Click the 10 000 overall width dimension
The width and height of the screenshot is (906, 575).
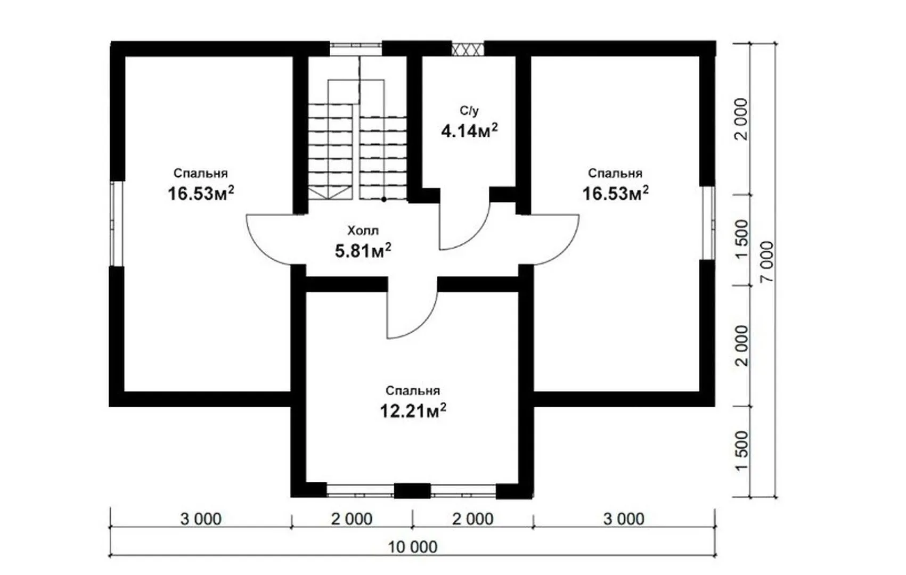pos(413,547)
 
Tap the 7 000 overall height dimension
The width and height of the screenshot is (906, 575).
pos(766,261)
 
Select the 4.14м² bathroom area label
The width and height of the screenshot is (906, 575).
pos(469,130)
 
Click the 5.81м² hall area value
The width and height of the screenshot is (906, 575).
pos(363,251)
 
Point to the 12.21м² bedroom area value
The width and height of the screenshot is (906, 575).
pos(413,411)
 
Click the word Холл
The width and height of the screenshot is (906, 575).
pos(363,231)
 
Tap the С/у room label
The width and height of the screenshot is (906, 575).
pos(469,110)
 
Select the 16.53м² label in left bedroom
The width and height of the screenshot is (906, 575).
pos(201,193)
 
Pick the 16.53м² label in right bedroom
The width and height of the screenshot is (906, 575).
pos(615,193)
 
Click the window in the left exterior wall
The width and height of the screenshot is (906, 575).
pos(117,224)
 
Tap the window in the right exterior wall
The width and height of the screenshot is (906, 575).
pos(708,223)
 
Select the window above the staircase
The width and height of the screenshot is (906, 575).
pos(355,48)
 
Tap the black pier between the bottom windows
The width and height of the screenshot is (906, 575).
pos(412,490)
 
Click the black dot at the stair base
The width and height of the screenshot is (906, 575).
pos(383,199)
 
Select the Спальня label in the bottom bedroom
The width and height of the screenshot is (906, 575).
pos(413,391)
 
